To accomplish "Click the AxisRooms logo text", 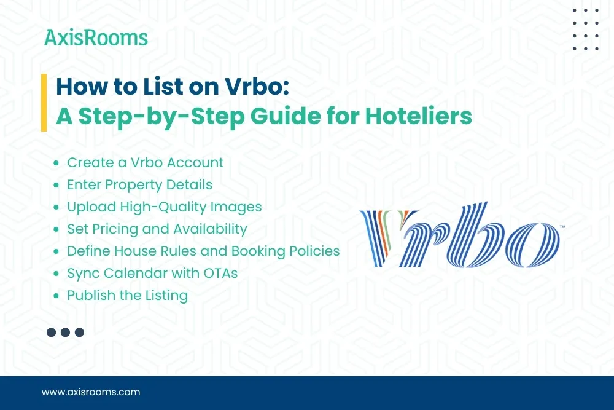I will pyautogui.click(x=96, y=38).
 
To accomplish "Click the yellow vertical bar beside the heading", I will pyautogui.click(x=44, y=102).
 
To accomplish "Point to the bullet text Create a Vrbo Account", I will pyautogui.click(x=145, y=163).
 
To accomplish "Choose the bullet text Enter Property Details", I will pyautogui.click(x=139, y=185).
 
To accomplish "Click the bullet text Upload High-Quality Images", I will pyautogui.click(x=164, y=207).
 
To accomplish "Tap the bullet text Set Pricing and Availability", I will pyautogui.click(x=157, y=229).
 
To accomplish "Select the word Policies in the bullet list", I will pyautogui.click(x=313, y=251).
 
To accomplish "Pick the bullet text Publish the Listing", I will pyautogui.click(x=127, y=296).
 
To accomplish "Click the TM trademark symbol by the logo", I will pyautogui.click(x=562, y=227).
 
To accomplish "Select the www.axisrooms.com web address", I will pyautogui.click(x=90, y=392).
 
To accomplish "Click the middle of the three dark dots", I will pyautogui.click(x=65, y=333).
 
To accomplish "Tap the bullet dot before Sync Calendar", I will pyautogui.click(x=56, y=274).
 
